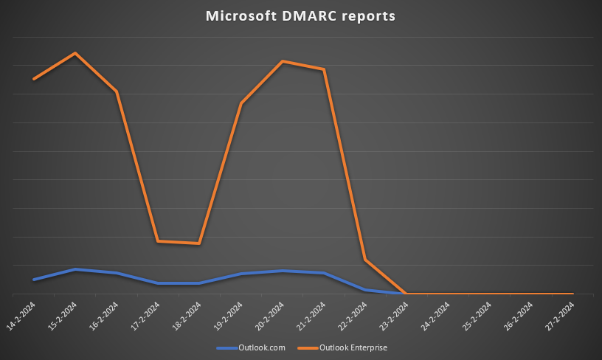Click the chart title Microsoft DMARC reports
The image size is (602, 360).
tap(300, 16)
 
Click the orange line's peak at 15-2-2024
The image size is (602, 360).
tap(75, 53)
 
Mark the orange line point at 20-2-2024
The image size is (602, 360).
tap(283, 61)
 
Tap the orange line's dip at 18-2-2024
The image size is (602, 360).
tap(200, 243)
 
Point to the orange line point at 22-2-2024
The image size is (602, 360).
tap(365, 260)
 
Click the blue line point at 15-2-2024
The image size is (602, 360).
tap(75, 269)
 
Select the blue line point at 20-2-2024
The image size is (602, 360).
tap(283, 271)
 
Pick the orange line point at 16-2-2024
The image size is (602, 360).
tap(117, 91)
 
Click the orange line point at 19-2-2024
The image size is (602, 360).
tap(241, 103)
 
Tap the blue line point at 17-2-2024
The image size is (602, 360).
tap(158, 283)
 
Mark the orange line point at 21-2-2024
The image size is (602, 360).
tap(324, 69)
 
